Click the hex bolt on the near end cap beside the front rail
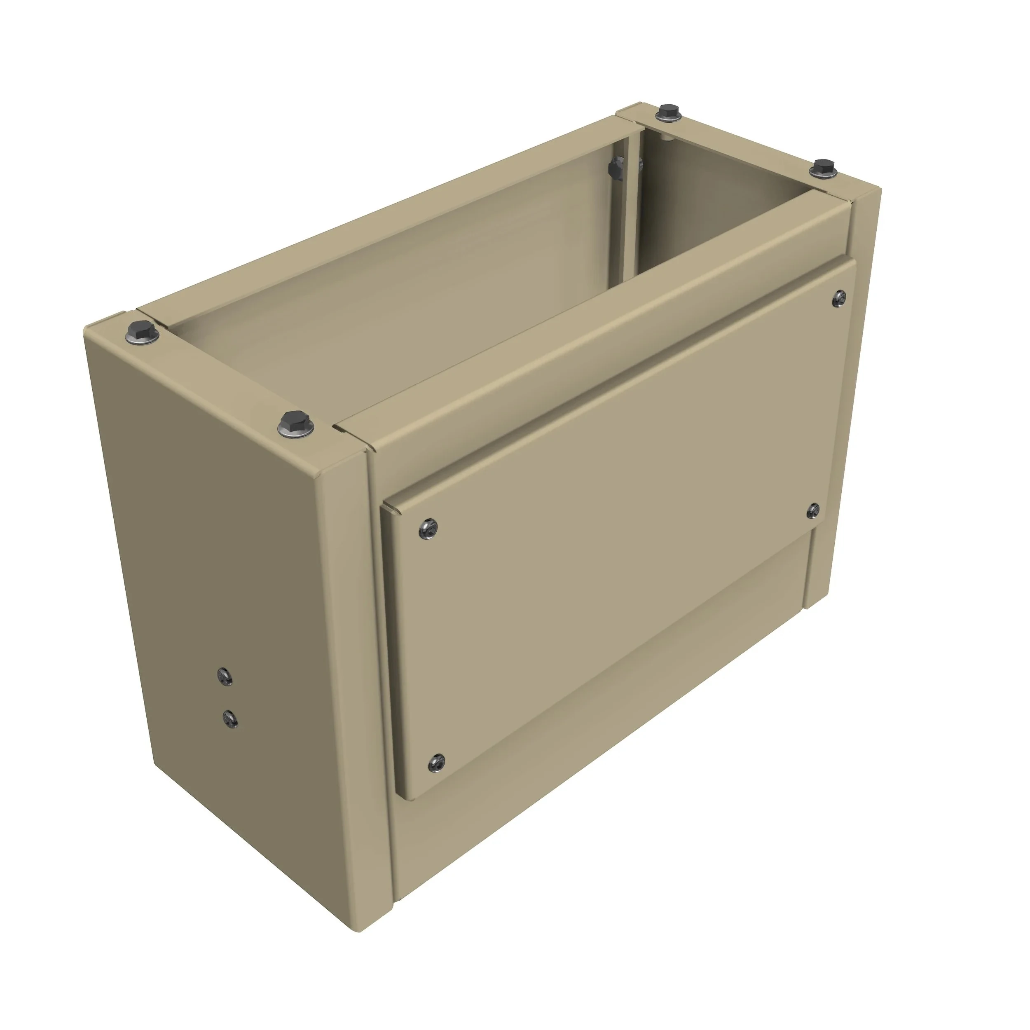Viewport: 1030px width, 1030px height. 296,424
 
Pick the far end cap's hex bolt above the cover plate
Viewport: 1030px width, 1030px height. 824,169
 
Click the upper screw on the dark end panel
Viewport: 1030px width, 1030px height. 225,676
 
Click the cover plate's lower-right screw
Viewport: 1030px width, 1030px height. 813,510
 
